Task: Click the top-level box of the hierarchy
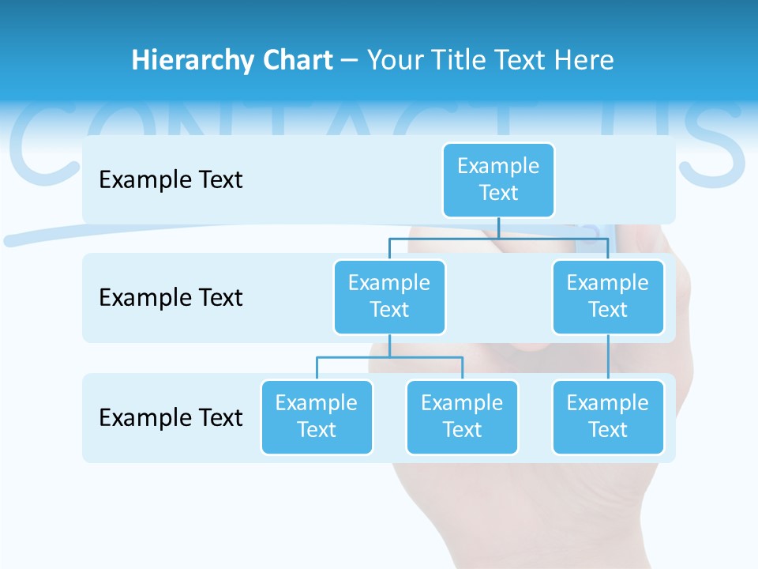tap(498, 180)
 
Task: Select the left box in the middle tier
tap(389, 297)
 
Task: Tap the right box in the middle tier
tap(608, 297)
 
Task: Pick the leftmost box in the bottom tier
tap(317, 417)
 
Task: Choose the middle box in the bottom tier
tap(462, 417)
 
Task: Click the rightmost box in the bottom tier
tap(608, 417)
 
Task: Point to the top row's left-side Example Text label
tap(171, 180)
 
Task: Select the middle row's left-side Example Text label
tap(171, 298)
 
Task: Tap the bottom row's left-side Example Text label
tap(171, 417)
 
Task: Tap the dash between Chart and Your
tap(350, 60)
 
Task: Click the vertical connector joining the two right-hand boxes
tap(608, 357)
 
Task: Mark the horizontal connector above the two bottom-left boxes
tap(389, 357)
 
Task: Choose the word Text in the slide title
tap(520, 60)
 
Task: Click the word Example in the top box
tap(498, 166)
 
